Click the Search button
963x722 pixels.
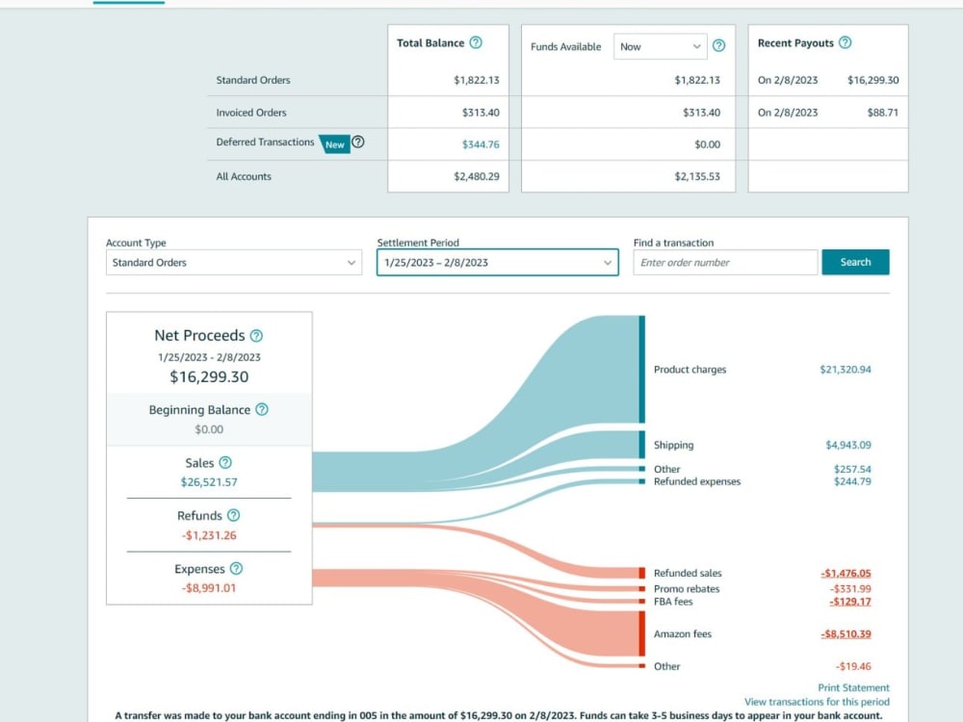tap(855, 262)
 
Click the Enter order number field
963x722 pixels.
tap(725, 262)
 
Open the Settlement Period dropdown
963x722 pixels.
tap(498, 262)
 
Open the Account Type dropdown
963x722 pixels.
tap(233, 262)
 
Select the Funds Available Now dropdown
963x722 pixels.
tap(661, 46)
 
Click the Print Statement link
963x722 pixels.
tap(853, 687)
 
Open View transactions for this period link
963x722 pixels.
tap(817, 702)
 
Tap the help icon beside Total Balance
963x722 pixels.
tap(476, 42)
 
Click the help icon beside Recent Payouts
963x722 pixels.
tap(846, 42)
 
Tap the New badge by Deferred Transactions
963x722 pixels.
tap(335, 144)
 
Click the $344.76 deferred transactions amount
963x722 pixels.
tap(481, 144)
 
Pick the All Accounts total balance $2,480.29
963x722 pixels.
tap(477, 176)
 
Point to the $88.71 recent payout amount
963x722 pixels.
tap(882, 113)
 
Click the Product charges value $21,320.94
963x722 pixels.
tap(846, 369)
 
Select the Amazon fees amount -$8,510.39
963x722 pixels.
tap(846, 633)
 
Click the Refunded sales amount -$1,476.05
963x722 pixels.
tap(846, 573)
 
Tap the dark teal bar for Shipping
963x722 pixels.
tap(641, 445)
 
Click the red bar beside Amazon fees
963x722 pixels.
tap(641, 634)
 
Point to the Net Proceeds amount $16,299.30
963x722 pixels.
tap(209, 376)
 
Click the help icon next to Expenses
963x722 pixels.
tap(237, 569)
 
